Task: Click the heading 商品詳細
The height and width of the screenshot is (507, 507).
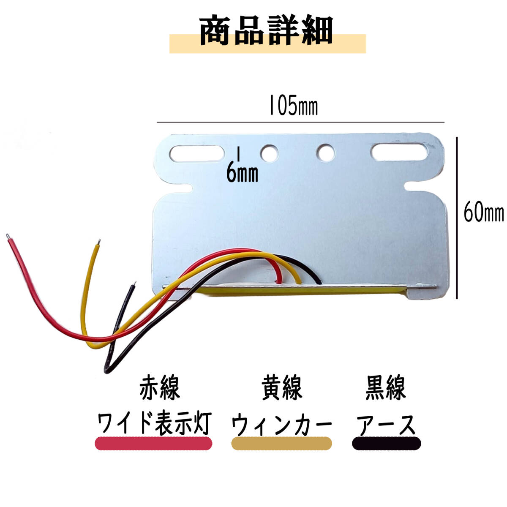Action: pyautogui.click(x=267, y=30)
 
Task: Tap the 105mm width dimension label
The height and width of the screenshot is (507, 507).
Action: pyautogui.click(x=293, y=107)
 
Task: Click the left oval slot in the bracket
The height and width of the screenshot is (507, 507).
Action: pyautogui.click(x=196, y=153)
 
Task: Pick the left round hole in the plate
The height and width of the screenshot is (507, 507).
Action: pyautogui.click(x=269, y=153)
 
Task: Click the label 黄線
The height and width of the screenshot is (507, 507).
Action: pyautogui.click(x=281, y=387)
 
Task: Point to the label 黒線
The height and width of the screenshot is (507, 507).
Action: pyautogui.click(x=385, y=387)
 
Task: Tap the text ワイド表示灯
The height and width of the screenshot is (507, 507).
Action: pyautogui.click(x=153, y=423)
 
